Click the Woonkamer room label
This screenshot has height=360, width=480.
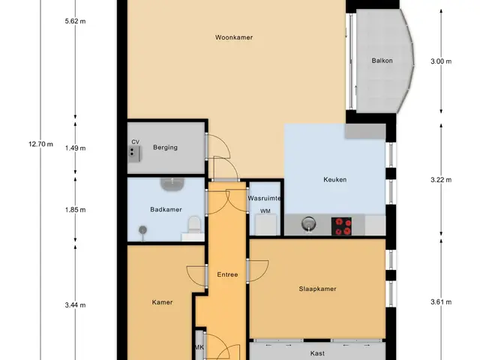[x=234, y=37]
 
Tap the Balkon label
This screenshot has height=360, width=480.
[x=382, y=61]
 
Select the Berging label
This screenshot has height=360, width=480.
[x=165, y=147]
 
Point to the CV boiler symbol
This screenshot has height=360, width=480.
[x=134, y=153]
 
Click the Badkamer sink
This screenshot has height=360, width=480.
[x=172, y=184]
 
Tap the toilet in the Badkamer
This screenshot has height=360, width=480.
[x=194, y=225]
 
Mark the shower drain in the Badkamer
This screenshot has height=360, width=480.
[x=142, y=229]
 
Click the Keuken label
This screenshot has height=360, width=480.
[x=335, y=180]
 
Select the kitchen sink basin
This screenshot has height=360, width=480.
[x=308, y=223]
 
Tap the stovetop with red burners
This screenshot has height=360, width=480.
[x=341, y=226]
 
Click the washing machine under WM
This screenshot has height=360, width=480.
[x=266, y=225]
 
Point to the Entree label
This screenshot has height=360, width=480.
[x=227, y=274]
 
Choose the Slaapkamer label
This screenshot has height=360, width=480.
[x=317, y=289]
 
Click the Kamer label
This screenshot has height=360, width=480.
[x=162, y=302]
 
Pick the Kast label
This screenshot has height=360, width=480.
[x=317, y=353]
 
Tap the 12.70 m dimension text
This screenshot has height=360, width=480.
[x=40, y=144]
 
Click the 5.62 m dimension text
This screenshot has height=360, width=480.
[x=75, y=21]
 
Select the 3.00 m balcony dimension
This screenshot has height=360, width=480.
[x=441, y=61]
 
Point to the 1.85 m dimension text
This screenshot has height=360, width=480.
[x=75, y=210]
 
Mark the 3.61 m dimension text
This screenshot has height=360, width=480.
[x=441, y=302]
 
